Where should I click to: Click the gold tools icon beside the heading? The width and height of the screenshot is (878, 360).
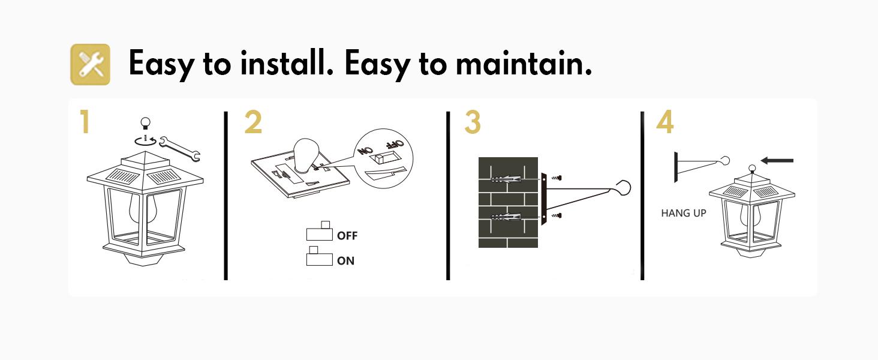point(91,64)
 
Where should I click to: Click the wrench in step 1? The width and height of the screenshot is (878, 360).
point(182,149)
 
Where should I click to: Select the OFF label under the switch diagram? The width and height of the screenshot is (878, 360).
point(347,236)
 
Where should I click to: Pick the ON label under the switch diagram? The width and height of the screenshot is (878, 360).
point(345,261)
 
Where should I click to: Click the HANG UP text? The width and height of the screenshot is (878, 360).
point(684,213)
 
